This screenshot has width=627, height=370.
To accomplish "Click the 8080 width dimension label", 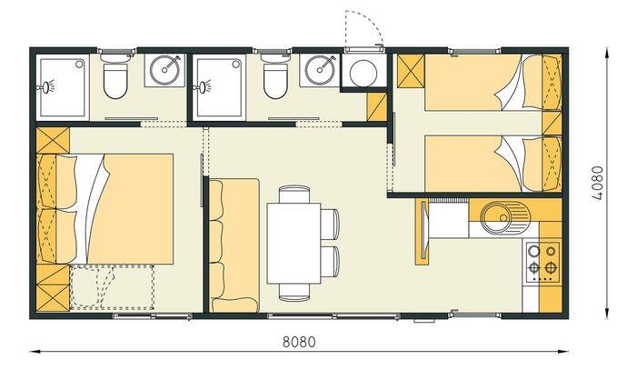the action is click(x=299, y=343).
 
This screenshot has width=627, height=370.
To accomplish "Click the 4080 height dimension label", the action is click(x=597, y=184).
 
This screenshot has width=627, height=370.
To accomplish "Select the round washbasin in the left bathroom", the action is click(x=164, y=70).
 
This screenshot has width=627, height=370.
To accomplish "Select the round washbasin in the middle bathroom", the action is click(x=320, y=70).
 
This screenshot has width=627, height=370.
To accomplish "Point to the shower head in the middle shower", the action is click(x=204, y=86).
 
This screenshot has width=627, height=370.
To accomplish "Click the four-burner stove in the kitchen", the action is click(x=543, y=262).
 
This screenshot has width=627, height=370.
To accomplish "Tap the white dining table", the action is click(x=294, y=244).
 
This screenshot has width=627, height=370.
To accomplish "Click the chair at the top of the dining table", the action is click(x=294, y=195).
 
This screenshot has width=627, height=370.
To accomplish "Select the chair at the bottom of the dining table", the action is click(x=294, y=293).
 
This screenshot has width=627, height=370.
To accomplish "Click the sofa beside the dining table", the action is click(x=234, y=245).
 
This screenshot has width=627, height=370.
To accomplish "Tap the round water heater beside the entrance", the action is click(x=363, y=73).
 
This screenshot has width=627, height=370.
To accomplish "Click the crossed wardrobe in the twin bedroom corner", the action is click(x=411, y=70).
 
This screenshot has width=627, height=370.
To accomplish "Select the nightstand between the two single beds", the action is click(x=552, y=124).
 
